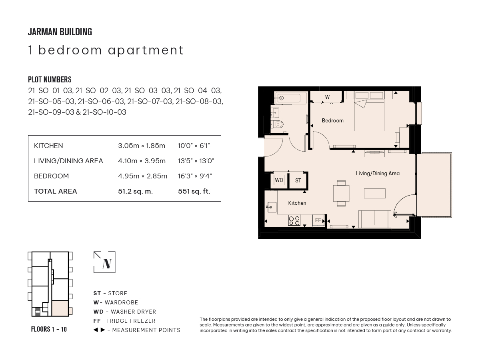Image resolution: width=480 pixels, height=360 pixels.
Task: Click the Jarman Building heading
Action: click(x=60, y=32)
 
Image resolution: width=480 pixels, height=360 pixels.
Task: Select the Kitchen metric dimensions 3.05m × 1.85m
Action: click(x=142, y=146)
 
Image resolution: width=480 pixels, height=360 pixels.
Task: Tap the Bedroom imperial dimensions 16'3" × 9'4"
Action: click(x=195, y=176)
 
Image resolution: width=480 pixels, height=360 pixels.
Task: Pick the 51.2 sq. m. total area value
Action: click(x=135, y=191)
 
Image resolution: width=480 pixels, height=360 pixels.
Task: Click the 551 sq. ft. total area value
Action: click(x=194, y=191)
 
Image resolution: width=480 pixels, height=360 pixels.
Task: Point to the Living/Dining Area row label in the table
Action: click(x=68, y=161)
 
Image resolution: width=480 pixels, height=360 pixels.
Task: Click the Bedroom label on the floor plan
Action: click(x=332, y=120)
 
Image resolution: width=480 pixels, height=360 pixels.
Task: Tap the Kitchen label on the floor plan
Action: click(x=297, y=203)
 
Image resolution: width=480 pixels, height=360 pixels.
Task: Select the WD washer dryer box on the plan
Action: click(x=279, y=180)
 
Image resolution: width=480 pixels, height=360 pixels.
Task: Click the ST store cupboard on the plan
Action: click(x=298, y=180)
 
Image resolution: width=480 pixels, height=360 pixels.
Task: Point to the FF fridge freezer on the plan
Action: click(x=318, y=220)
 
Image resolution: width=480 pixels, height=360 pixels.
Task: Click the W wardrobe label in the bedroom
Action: click(x=327, y=97)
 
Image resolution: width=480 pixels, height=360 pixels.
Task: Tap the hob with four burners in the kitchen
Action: click(x=294, y=220)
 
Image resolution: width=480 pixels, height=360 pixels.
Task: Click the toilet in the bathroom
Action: click(x=277, y=124)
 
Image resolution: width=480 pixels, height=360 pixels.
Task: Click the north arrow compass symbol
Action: click(x=104, y=262)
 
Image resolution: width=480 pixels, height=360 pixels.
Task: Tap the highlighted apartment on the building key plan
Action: click(x=60, y=308)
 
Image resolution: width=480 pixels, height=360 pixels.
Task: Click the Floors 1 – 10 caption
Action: click(x=49, y=329)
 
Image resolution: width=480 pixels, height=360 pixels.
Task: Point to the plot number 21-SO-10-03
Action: click(x=104, y=112)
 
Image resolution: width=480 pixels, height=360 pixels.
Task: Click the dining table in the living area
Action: click(x=341, y=193)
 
